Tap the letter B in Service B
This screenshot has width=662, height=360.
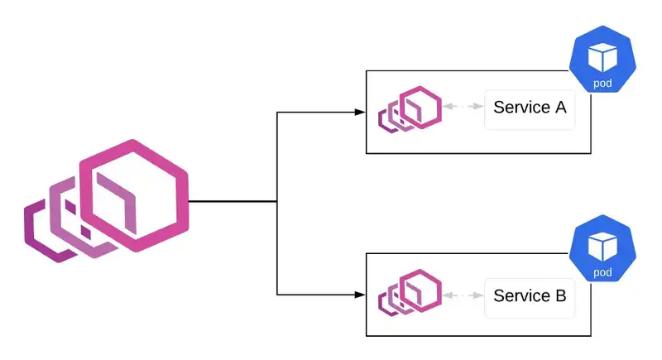559,295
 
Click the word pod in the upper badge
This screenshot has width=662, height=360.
602,84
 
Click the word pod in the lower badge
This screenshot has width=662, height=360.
602,271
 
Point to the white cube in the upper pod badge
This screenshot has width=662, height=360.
602,57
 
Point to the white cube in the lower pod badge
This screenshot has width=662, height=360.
602,245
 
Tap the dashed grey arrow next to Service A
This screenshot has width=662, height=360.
463,108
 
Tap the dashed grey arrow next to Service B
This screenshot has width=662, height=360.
463,295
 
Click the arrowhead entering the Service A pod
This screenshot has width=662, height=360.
360,111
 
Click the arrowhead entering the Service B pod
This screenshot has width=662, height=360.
360,295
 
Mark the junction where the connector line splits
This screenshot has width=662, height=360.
276,201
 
